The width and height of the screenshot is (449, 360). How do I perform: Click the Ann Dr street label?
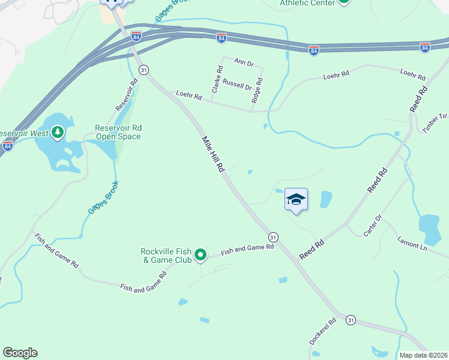point(244,62)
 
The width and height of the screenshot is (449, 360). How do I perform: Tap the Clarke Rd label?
point(217,79)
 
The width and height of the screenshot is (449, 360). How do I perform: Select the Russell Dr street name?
point(237,86)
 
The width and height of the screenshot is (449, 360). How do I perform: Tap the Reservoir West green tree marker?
point(58,131)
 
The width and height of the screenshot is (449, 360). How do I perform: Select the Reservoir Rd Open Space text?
point(118,132)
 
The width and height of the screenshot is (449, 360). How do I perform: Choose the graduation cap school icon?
point(296,199)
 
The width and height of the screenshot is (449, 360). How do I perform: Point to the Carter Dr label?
point(372,225)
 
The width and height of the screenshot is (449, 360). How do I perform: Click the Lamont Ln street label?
point(412,243)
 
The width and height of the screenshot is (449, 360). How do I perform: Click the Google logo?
point(20,353)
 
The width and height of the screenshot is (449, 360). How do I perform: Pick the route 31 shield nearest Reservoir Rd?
point(143,70)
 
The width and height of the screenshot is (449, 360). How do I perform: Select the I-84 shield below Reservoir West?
point(7,146)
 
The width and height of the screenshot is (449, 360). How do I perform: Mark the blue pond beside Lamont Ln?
point(430,226)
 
